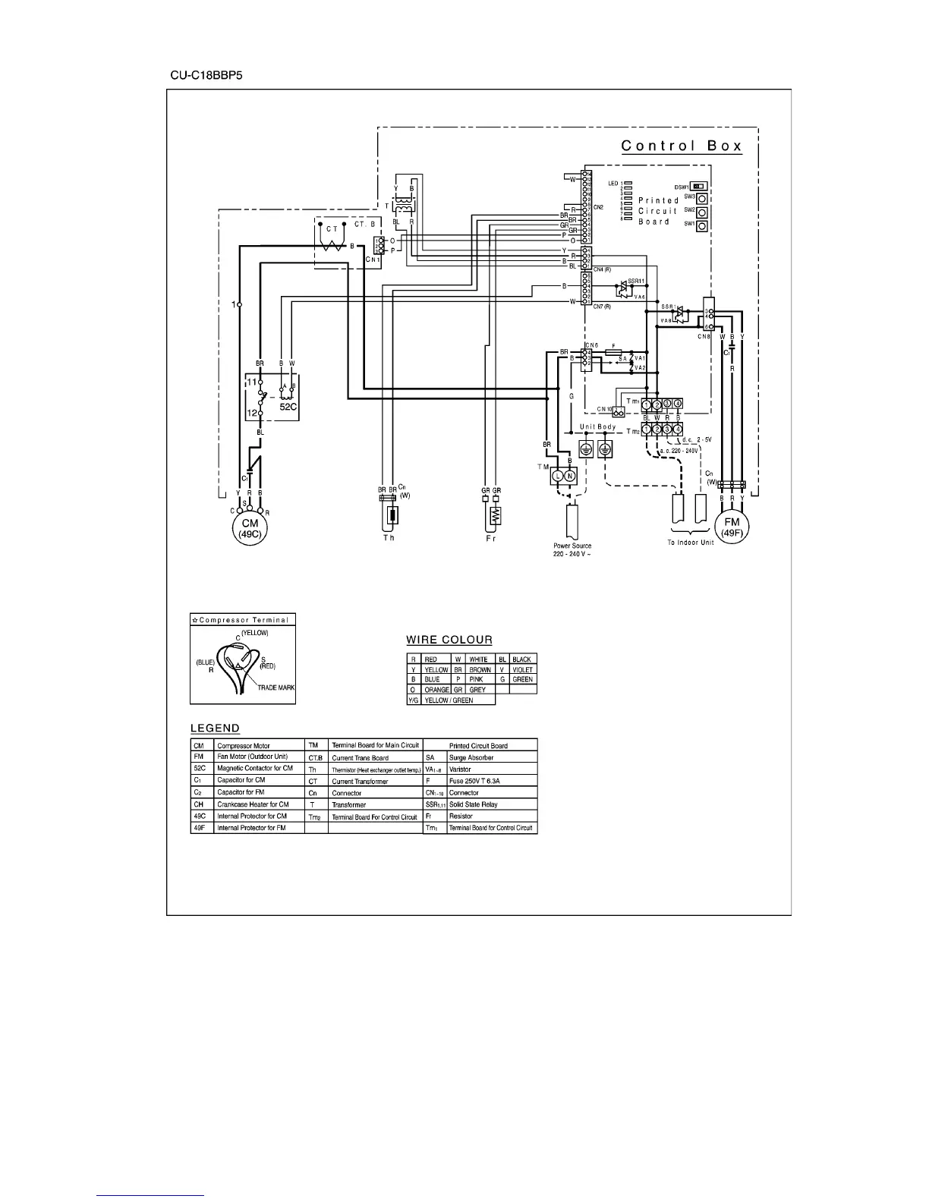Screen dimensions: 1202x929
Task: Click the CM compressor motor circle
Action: tap(250, 528)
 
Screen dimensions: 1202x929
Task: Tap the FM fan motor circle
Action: tap(732, 527)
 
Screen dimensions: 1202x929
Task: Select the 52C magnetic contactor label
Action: tap(288, 407)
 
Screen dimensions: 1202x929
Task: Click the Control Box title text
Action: tap(681, 146)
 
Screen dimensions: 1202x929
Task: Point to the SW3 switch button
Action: tap(702, 198)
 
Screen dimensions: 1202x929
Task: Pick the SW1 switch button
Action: tap(702, 226)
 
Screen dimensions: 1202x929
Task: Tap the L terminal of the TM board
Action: tap(556, 476)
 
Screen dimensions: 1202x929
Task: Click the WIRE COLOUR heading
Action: tap(449, 640)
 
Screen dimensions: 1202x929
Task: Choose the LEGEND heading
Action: tap(215, 728)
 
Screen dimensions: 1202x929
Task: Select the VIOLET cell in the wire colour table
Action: tap(523, 669)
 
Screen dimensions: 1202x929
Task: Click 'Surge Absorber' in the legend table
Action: tap(471, 757)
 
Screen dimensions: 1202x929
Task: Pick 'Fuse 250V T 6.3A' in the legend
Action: tap(477, 781)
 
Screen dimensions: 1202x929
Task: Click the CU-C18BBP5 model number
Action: tap(206, 76)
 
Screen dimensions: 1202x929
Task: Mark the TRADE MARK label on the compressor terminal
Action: tap(276, 688)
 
